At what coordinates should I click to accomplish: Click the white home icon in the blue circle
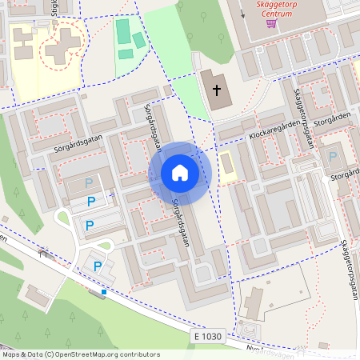tap(179, 172)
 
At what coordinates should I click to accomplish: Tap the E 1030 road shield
tap(207, 337)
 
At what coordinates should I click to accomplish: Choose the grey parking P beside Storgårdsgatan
tap(333, 157)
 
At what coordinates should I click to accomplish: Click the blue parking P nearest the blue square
tap(98, 266)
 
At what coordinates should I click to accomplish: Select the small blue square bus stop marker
tap(104, 292)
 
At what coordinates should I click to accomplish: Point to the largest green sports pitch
tap(123, 31)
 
